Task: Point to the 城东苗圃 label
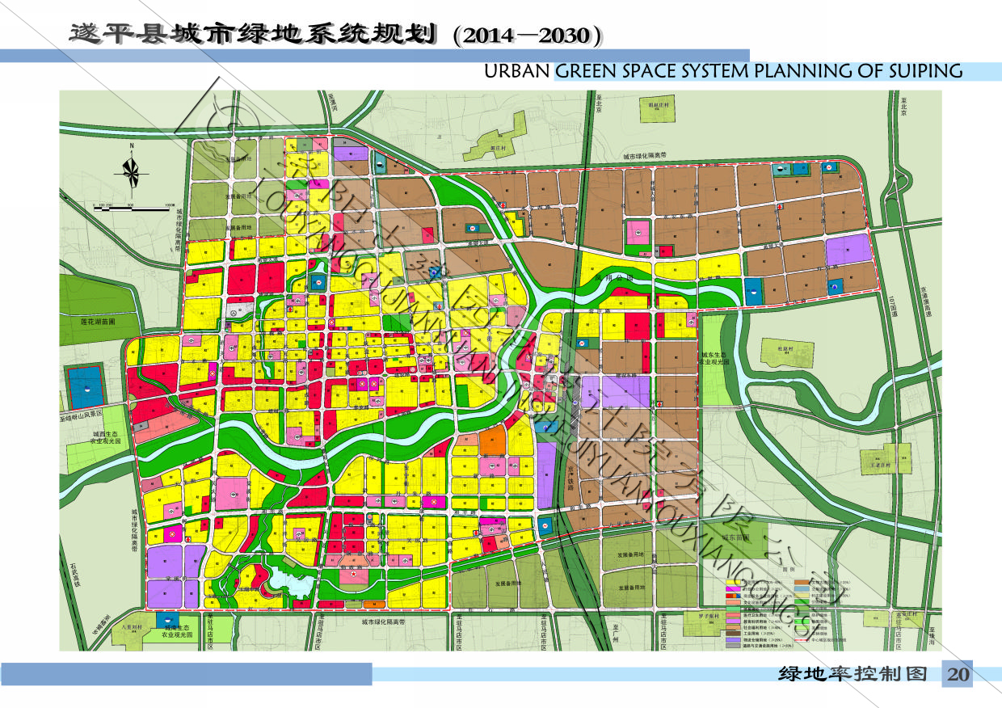736,537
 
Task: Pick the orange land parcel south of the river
492,440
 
